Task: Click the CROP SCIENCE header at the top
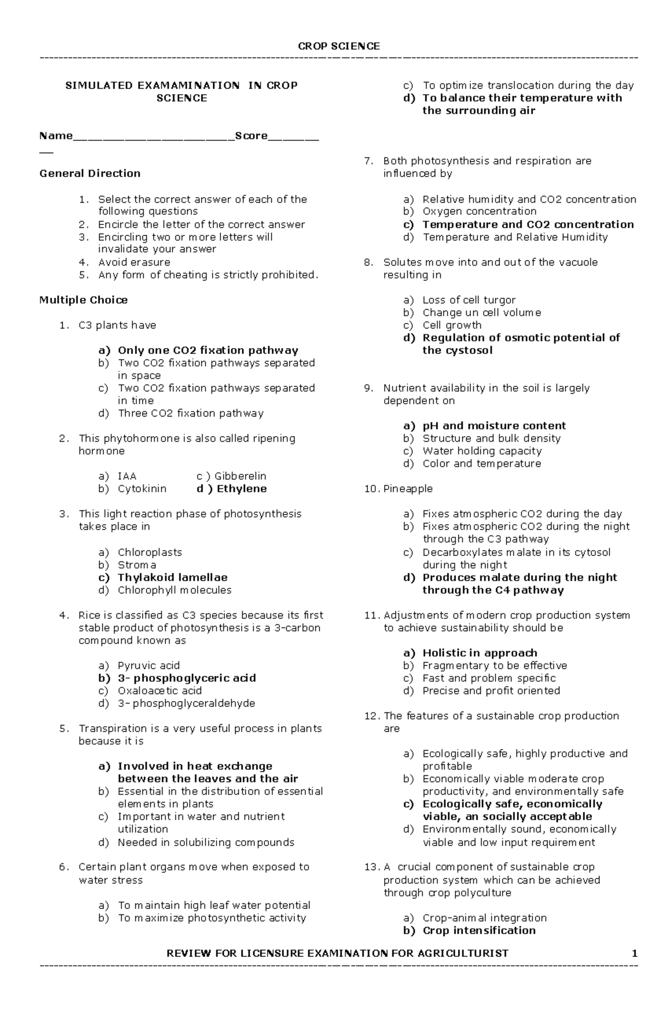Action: click(338, 46)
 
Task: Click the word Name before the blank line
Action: click(56, 136)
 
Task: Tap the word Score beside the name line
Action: click(251, 136)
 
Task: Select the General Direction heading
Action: click(90, 173)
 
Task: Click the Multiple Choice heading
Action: click(83, 300)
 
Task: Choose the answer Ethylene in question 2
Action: click(241, 488)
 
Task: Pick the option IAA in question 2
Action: click(127, 476)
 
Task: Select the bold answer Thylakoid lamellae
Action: click(173, 578)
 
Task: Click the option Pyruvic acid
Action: click(149, 666)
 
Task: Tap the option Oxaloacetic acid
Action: click(160, 691)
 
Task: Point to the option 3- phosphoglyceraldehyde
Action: click(186, 703)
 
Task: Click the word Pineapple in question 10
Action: click(407, 488)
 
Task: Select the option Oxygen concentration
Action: click(479, 211)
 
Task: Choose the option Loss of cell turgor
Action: click(469, 300)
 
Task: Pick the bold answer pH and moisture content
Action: click(494, 426)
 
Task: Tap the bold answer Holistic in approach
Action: click(479, 653)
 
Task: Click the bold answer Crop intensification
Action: click(479, 930)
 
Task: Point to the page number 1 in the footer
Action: click(635, 953)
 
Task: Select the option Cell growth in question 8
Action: click(452, 325)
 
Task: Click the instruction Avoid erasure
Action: click(134, 262)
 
